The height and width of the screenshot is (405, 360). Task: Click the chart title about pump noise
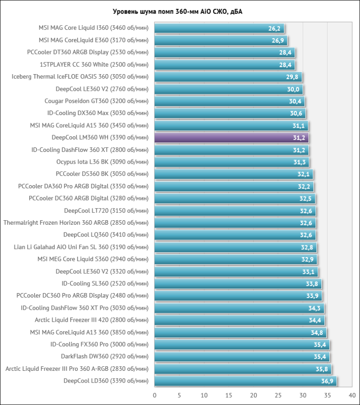(x=180, y=11)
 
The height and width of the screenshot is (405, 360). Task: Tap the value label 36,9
(x=327, y=381)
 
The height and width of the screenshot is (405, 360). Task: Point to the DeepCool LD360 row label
(x=106, y=381)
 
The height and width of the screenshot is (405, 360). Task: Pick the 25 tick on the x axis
(x=278, y=395)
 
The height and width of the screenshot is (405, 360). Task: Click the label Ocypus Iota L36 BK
(x=102, y=162)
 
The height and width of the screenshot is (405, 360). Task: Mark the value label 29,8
(x=292, y=77)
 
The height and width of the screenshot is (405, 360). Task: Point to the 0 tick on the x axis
(x=155, y=395)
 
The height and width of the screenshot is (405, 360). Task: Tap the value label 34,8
(x=317, y=333)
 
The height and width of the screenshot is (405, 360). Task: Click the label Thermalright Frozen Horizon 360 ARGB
(x=76, y=223)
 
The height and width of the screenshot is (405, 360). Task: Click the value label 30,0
(x=293, y=89)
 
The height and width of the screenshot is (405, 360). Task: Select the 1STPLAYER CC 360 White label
(x=94, y=65)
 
